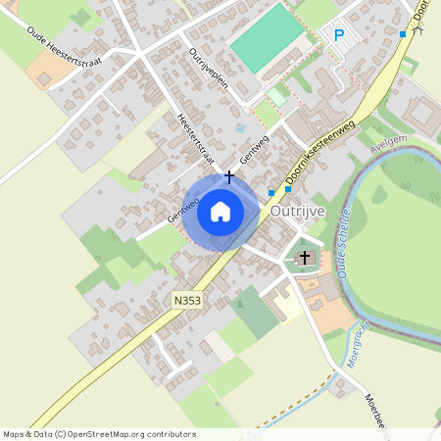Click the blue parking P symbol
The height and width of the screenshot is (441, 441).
click(x=340, y=35)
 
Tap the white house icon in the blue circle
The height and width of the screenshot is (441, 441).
click(x=220, y=211)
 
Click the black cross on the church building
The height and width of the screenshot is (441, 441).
click(x=305, y=258)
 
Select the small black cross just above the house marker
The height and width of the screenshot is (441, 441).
click(x=229, y=177)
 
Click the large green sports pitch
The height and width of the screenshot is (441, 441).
click(x=268, y=38)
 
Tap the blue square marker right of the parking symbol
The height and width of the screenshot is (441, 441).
click(x=402, y=34)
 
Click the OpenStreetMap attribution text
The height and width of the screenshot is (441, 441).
click(x=99, y=434)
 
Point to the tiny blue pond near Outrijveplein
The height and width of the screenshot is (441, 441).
click(x=241, y=127)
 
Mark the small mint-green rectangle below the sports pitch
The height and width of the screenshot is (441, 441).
click(x=277, y=97)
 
